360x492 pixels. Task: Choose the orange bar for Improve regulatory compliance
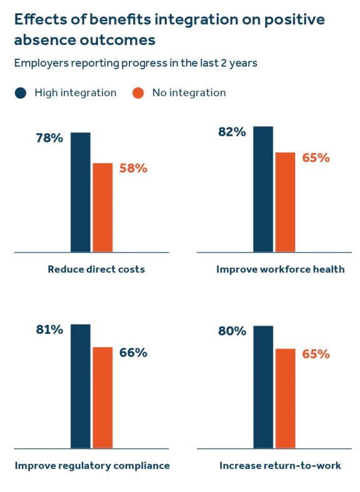[103, 397]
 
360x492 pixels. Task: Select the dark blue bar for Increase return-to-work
[262, 387]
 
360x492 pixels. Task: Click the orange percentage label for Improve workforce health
[315, 158]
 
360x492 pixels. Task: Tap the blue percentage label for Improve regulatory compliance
[49, 330]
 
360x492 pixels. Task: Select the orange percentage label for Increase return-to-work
[315, 354]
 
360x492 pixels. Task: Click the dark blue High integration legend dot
[21, 93]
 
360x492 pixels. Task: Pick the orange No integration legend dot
[139, 93]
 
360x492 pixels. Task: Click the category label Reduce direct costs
[95, 270]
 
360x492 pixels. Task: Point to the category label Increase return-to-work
[279, 466]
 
